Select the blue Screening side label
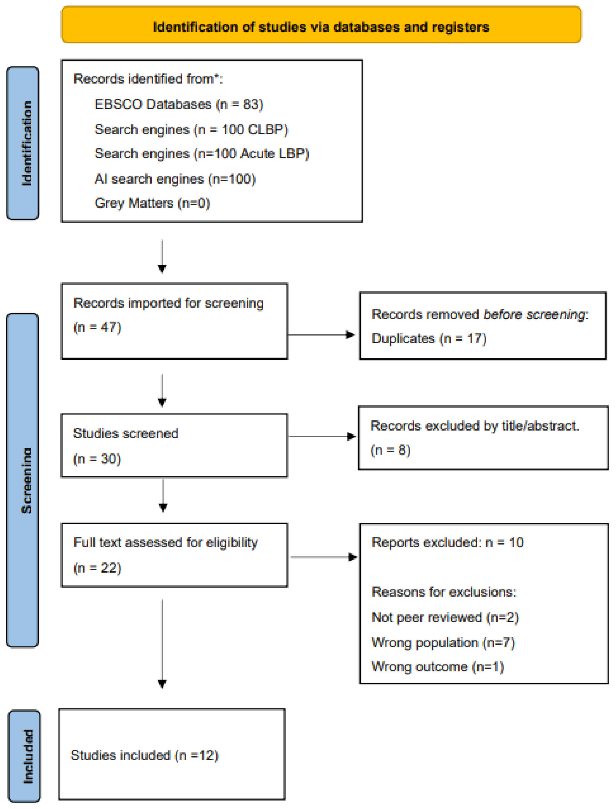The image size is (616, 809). (x=23, y=480)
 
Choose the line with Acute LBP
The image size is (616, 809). (x=202, y=154)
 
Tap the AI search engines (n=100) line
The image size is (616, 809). (x=175, y=179)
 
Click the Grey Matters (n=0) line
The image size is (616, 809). (x=152, y=203)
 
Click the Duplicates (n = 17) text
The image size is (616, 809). (x=429, y=339)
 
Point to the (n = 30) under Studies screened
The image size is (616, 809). (x=97, y=459)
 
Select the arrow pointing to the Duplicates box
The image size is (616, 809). (x=321, y=335)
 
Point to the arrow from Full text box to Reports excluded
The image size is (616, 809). (x=323, y=557)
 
